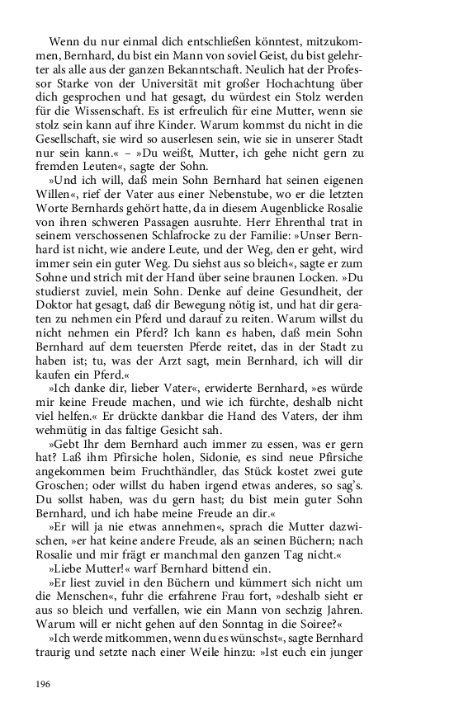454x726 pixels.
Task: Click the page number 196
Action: [44, 685]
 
